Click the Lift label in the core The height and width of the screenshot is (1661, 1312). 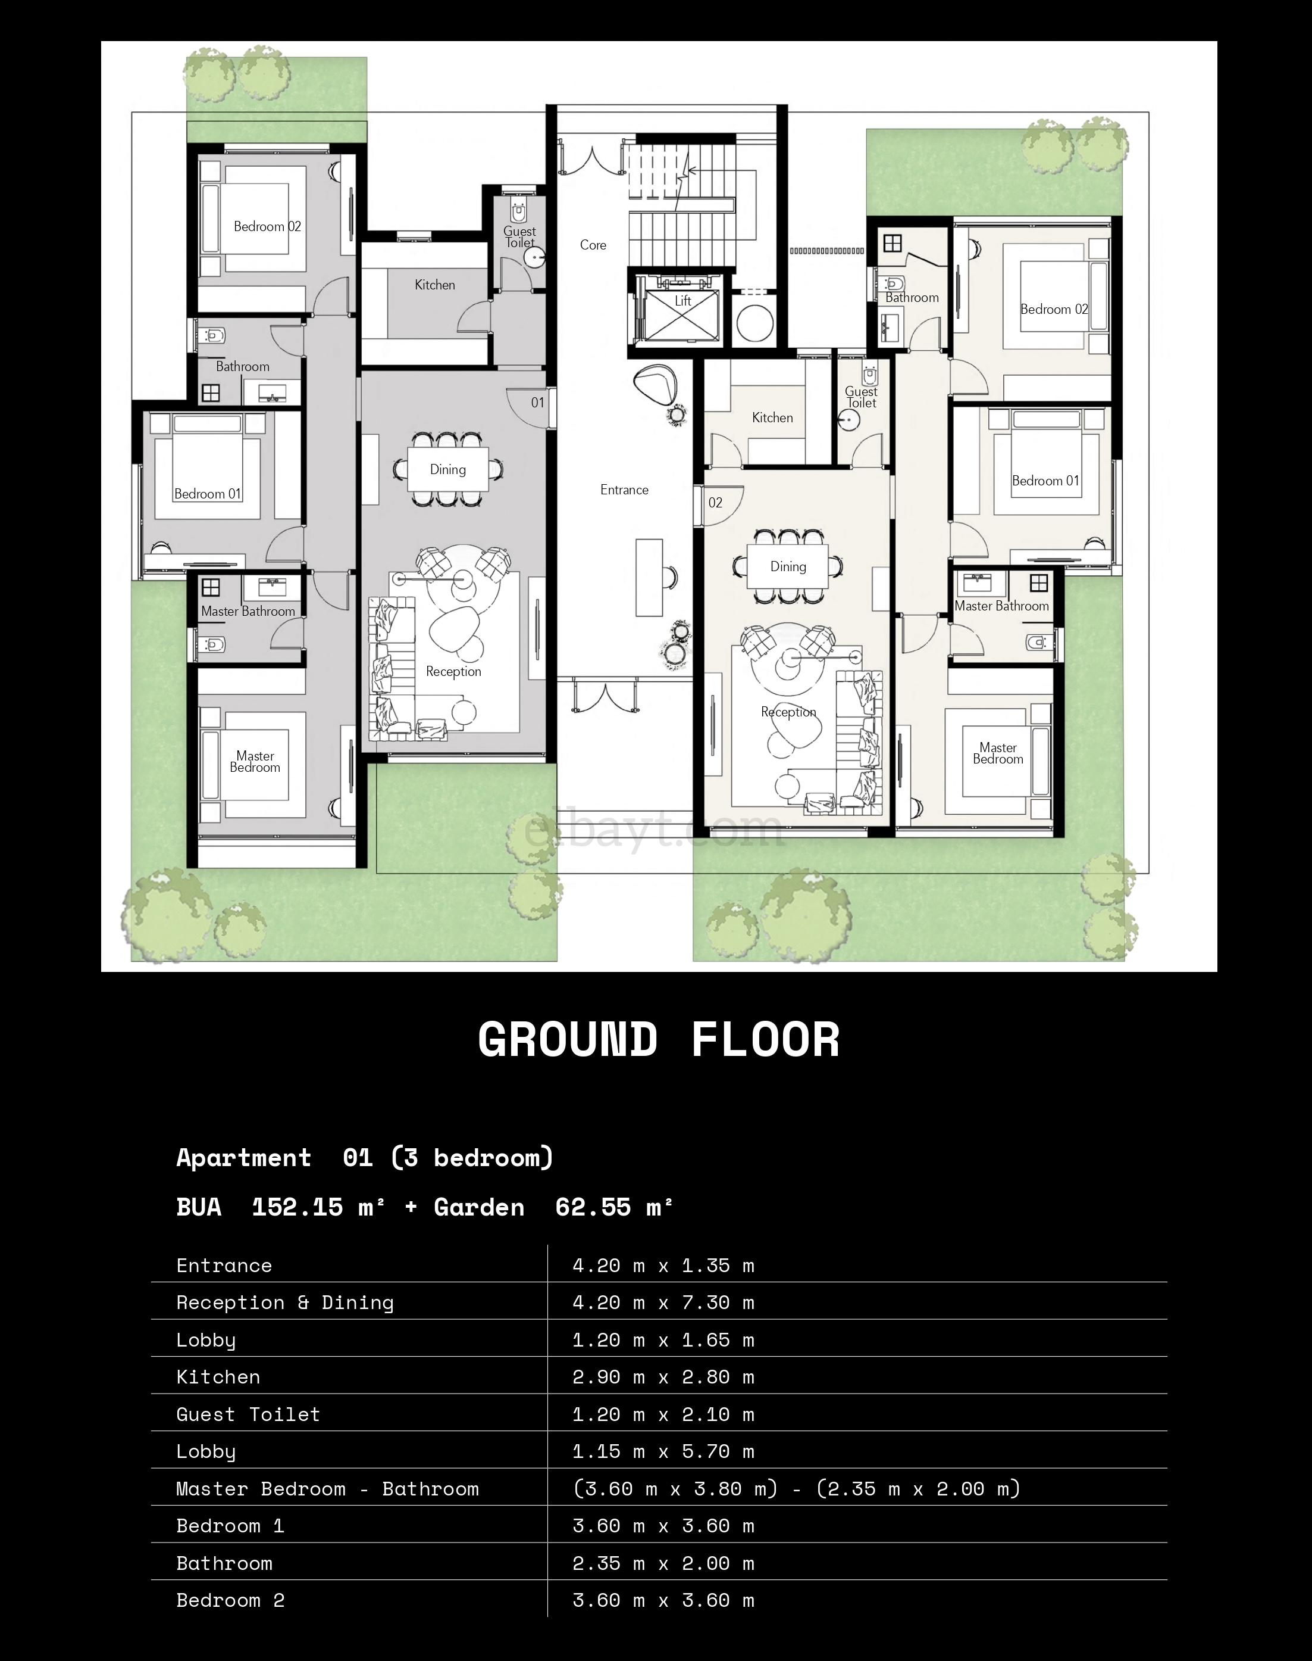(x=683, y=301)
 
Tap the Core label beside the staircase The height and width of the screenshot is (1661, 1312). (x=593, y=245)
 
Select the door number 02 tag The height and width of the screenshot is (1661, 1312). (x=715, y=503)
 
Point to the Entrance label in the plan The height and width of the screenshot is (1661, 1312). (x=625, y=490)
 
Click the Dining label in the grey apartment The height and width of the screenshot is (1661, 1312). (x=448, y=470)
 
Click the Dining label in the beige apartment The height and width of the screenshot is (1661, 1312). (x=788, y=566)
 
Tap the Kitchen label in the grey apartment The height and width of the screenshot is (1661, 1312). (x=435, y=285)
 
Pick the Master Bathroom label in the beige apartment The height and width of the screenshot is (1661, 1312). (x=1001, y=606)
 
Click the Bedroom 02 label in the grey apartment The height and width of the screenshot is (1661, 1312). (x=267, y=227)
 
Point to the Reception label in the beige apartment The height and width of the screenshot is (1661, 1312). (x=788, y=712)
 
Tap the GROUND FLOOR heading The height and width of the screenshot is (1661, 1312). (x=659, y=1040)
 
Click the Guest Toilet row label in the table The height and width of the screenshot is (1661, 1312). (x=248, y=1414)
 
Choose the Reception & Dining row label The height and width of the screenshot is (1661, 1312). (x=285, y=1303)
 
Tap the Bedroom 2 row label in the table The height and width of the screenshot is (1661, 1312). (x=230, y=1600)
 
